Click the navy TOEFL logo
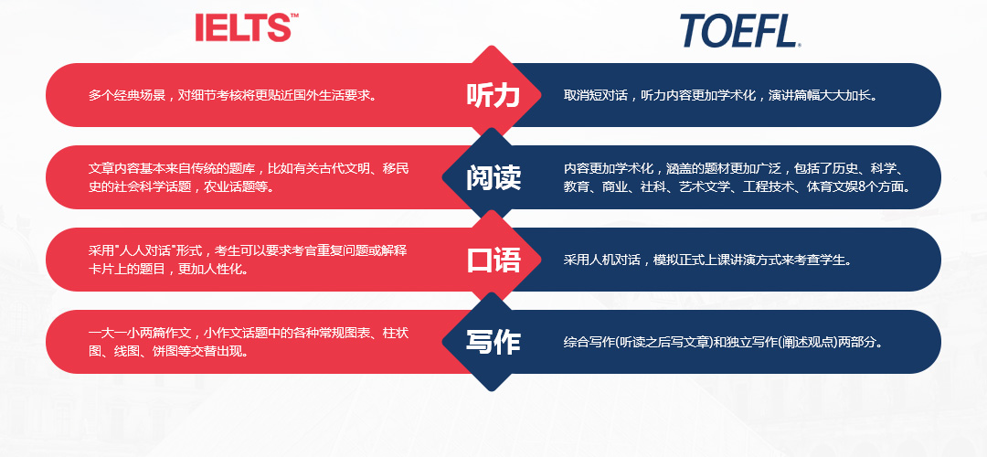pos(740,31)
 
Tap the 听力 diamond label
pos(493,95)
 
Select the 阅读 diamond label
pos(493,177)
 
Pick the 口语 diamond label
pos(493,260)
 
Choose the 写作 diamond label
pos(493,343)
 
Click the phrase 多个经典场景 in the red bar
pos(126,96)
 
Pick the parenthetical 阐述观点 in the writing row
pos(810,343)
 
